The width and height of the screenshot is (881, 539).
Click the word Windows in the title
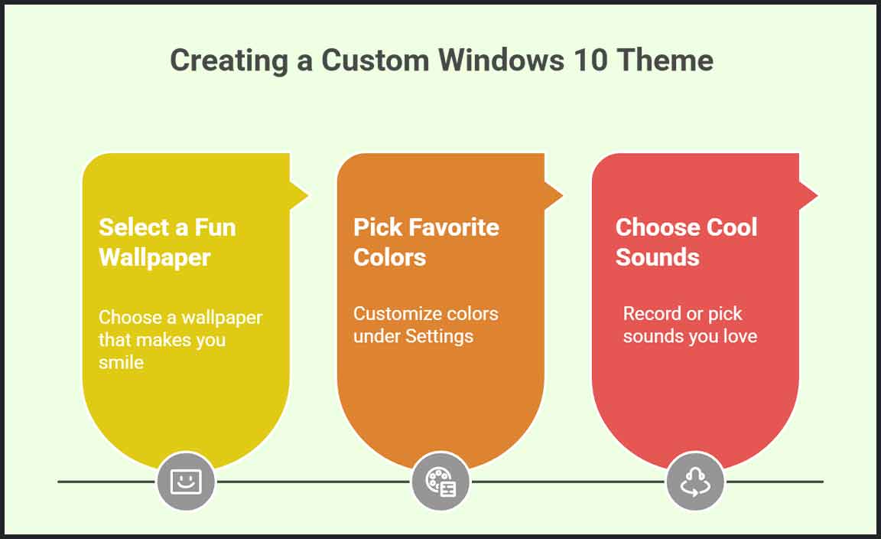[x=501, y=60]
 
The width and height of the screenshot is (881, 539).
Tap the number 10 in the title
[x=590, y=60]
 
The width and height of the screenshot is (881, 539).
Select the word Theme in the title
[x=665, y=60]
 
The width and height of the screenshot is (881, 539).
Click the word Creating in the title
[x=229, y=60]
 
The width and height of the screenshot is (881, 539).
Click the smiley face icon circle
[x=185, y=481]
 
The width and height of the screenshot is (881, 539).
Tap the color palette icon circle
[x=440, y=481]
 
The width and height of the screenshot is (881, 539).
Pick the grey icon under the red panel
[x=695, y=481]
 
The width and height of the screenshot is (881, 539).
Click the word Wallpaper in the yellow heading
[x=154, y=258]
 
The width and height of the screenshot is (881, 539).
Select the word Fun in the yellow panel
[x=215, y=227]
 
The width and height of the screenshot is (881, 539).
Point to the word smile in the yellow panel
[x=121, y=362]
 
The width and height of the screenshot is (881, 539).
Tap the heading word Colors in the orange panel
[x=389, y=257]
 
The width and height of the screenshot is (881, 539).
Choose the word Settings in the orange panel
[x=440, y=336]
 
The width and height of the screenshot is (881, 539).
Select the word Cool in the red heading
[x=732, y=227]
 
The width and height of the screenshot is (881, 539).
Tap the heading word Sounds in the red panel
[x=658, y=257]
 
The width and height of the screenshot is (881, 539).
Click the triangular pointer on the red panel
[x=808, y=195]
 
